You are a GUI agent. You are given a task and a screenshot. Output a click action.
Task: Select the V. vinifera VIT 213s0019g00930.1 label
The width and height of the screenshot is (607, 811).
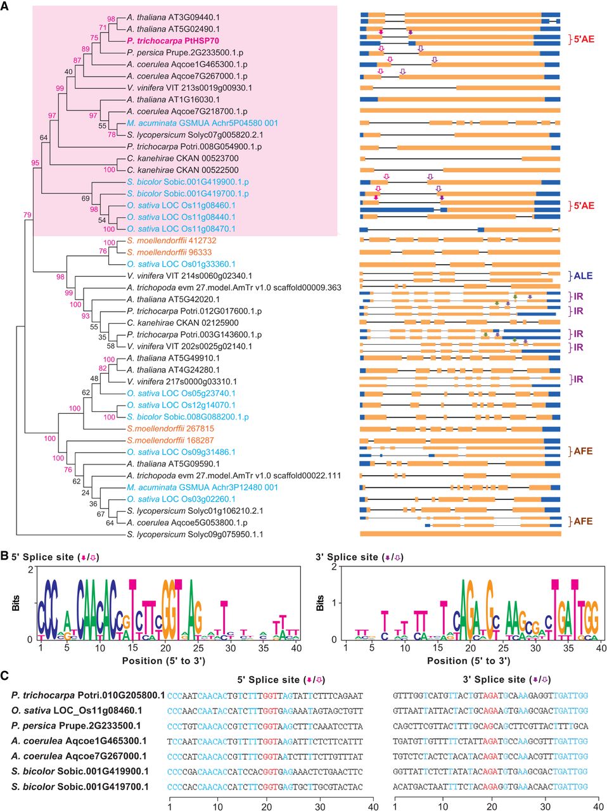189,87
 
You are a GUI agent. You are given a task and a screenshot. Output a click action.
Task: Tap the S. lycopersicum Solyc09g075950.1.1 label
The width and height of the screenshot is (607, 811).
186,534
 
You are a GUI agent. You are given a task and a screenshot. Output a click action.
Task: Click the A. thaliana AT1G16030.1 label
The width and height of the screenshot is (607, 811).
173,99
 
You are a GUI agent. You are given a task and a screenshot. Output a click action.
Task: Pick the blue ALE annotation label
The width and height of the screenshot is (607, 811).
583,276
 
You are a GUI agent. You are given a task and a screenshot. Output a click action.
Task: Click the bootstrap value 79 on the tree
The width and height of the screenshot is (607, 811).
27,215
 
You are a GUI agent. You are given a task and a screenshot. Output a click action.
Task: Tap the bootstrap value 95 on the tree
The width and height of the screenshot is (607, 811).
35,163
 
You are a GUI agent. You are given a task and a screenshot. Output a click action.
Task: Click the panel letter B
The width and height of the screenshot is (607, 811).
4,556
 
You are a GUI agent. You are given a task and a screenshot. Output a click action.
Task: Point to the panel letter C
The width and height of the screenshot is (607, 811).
5,675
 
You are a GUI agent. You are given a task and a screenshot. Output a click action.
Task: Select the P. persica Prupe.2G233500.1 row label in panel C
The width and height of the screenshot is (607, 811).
76,725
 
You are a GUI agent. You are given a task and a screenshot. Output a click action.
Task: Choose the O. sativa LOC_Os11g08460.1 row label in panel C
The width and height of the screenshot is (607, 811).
77,710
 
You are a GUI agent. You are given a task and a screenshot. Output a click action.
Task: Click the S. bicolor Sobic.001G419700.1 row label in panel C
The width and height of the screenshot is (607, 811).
80,786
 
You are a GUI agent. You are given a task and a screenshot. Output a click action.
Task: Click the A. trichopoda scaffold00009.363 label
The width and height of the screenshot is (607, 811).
234,288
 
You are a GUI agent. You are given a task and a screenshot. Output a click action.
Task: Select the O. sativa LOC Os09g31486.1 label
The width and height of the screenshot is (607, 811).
181,452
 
